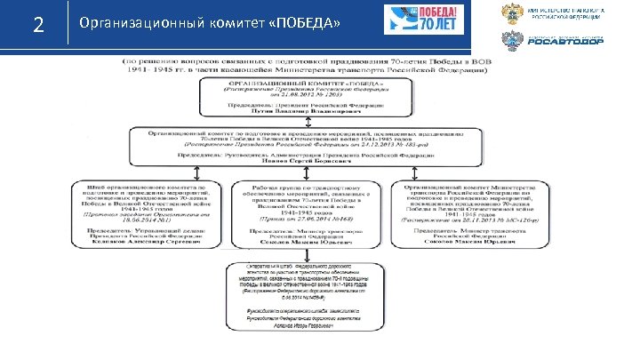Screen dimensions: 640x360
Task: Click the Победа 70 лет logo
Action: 419,21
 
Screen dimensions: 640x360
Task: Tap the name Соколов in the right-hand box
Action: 480,242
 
